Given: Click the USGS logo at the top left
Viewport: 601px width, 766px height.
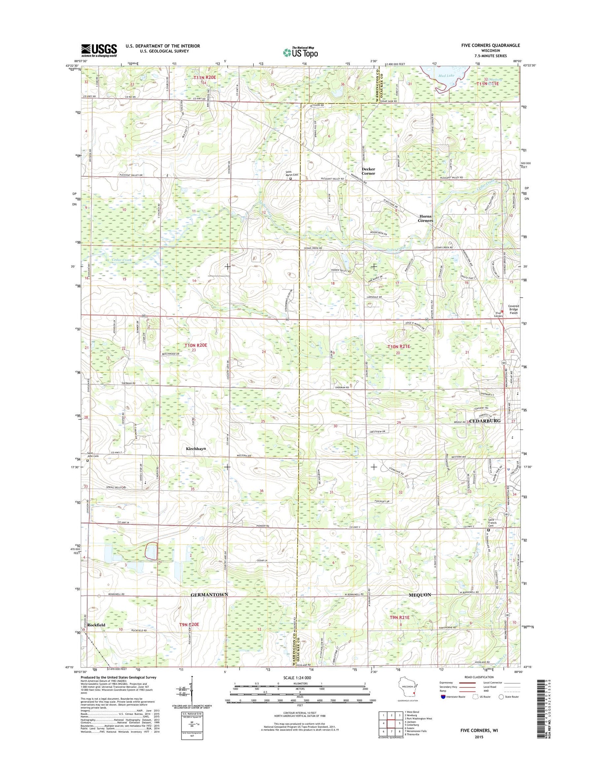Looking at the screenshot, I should coord(99,50).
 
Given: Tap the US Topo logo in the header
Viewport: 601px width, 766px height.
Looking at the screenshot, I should coord(300,52).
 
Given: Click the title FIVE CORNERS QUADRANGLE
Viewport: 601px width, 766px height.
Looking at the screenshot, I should coord(490,45).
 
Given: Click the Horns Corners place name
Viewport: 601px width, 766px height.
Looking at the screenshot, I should coord(425,218).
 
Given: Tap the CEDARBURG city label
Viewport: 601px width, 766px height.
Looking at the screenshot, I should coord(485,421).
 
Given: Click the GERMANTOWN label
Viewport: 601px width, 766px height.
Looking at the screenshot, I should coord(209,595).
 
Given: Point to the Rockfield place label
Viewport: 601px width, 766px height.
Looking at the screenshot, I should coord(96,625).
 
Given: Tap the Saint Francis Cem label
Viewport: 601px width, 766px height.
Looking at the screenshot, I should coord(492,522).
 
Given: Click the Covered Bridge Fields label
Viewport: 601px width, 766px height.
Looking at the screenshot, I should coord(513,309).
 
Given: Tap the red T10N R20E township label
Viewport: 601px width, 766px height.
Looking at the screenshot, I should coord(195,345).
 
